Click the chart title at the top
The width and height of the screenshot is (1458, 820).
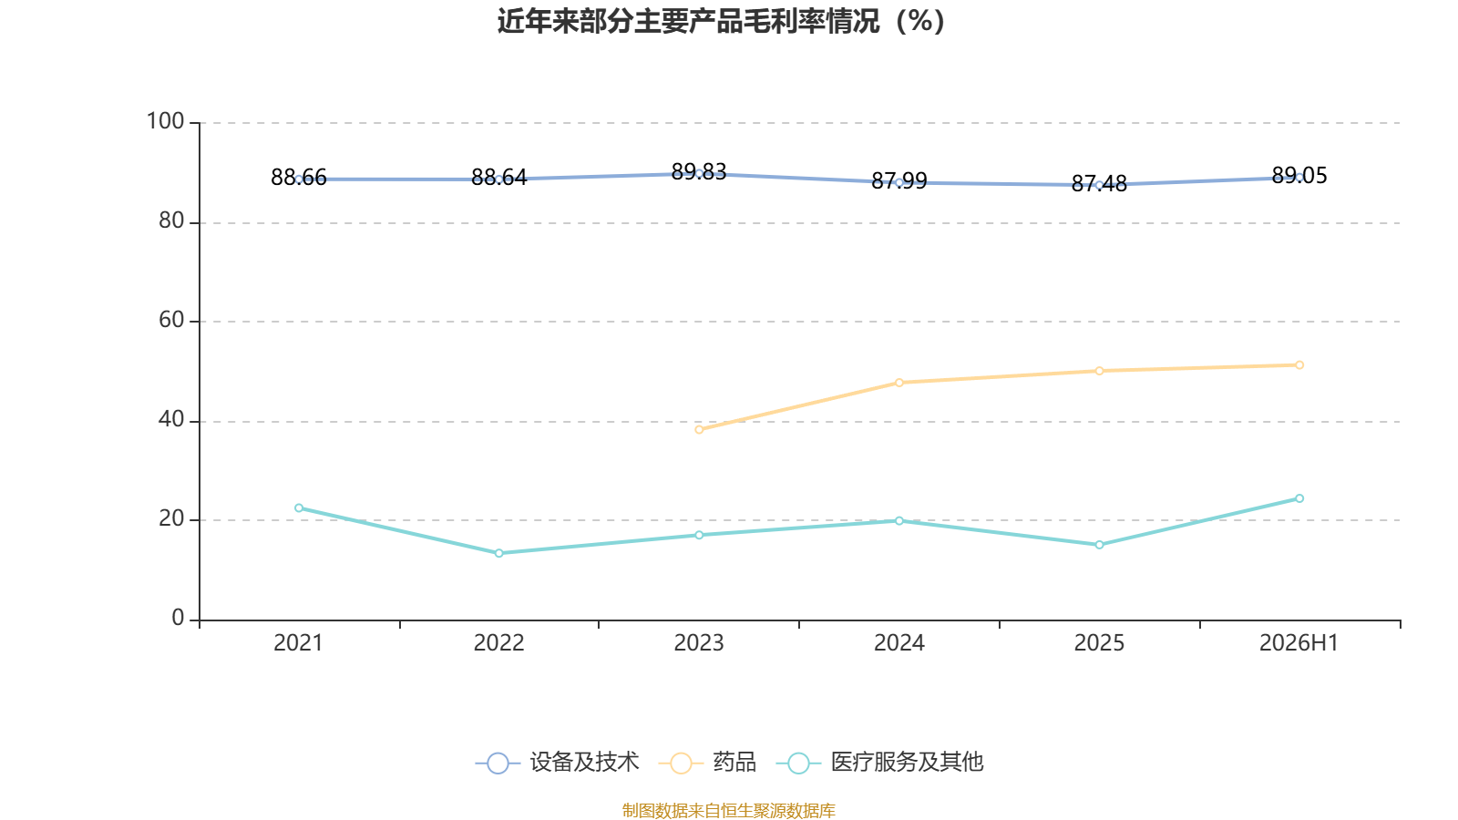pos(721,22)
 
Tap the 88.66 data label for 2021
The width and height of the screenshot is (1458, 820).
pos(299,177)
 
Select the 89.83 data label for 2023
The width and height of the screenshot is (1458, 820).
pos(698,171)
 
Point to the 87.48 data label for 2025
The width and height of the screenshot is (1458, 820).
pos(1099,183)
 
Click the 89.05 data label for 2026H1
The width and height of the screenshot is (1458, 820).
pos(1299,175)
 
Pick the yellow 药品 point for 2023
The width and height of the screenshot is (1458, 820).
pos(699,429)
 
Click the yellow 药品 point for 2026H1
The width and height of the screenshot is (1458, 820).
pos(1299,365)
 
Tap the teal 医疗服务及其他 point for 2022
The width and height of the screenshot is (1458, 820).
pos(499,553)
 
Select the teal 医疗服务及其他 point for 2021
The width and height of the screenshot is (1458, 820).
pos(299,507)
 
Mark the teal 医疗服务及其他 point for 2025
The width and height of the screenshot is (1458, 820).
pos(1099,545)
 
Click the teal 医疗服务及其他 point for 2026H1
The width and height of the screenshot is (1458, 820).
pos(1299,498)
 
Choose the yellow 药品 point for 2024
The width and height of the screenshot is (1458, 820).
pos(898,383)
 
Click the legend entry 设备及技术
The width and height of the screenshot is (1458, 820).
pos(557,762)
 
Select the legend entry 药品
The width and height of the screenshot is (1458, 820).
pos(707,762)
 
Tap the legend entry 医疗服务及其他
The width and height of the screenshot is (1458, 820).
pos(880,762)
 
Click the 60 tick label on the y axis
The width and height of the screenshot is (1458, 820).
pos(172,320)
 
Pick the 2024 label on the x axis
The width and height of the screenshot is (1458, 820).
pos(898,643)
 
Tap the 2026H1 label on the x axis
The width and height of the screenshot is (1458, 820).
pos(1299,643)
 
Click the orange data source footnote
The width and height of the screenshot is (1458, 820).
pos(728,810)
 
